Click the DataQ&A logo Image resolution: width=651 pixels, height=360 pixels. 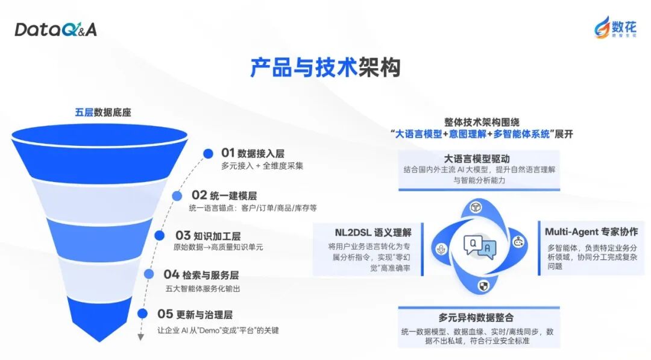pos(55,29)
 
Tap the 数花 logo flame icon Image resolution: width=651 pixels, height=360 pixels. pos(602,26)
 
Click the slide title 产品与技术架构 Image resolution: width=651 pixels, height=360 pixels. pos(325,68)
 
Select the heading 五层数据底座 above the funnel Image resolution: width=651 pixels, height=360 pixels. pos(103,112)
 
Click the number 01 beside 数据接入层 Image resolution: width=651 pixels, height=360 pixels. pos(227,153)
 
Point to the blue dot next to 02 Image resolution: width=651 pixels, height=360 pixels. pos(177,196)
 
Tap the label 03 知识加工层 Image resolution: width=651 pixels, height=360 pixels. pos(208,235)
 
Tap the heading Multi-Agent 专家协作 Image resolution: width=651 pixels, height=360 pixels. pos(591,232)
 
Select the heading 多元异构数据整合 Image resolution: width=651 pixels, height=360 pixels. pos(476,317)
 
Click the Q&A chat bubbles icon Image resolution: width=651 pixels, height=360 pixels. pos(480,247)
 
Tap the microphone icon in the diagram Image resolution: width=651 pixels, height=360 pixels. pos(441,249)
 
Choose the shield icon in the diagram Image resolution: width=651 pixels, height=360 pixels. pos(483,285)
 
